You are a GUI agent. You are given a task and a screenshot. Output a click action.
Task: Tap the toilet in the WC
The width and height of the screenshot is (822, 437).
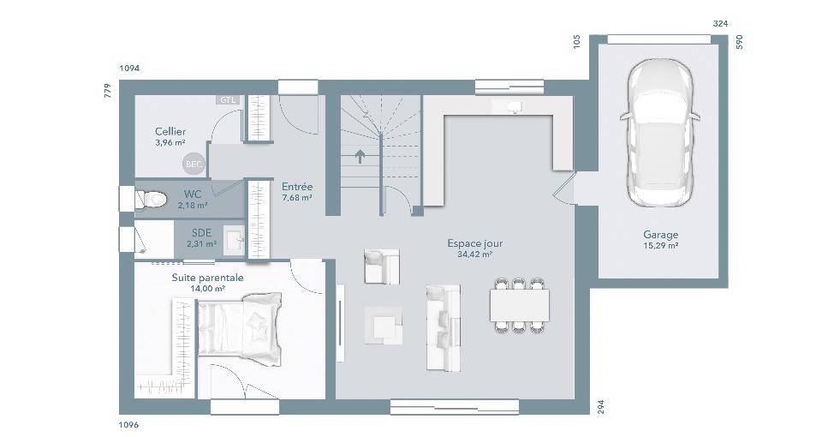[x=151, y=199]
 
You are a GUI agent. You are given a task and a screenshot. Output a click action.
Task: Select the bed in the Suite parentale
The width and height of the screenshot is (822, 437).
[x=239, y=329]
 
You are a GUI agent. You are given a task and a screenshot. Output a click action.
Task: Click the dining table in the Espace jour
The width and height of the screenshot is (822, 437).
[x=520, y=304]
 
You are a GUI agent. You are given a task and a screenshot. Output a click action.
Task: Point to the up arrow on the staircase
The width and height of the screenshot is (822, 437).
[x=360, y=156]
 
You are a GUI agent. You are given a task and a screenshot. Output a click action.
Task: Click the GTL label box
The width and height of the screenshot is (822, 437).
[x=228, y=99]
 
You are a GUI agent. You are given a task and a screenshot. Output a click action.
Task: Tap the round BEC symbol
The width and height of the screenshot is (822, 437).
[x=194, y=165]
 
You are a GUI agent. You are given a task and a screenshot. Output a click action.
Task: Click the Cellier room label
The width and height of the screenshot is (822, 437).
[x=170, y=132]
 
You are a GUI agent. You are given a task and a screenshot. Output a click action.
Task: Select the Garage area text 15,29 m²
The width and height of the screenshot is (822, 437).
[x=661, y=245]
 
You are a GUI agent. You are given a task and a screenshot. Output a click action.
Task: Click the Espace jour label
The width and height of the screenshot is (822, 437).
[x=475, y=243]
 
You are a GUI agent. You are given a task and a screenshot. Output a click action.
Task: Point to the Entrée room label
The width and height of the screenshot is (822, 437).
[x=297, y=187]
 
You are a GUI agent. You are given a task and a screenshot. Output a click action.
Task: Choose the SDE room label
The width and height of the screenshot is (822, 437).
[x=202, y=233]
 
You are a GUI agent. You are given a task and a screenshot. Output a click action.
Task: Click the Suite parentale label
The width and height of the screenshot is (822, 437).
[x=207, y=278]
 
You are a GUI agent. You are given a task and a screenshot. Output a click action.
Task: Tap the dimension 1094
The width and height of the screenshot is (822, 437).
[x=129, y=69]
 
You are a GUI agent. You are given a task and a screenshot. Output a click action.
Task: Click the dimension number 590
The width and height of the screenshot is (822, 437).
[x=740, y=42]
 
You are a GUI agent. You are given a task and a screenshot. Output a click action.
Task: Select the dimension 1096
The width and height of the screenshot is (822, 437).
[x=129, y=425]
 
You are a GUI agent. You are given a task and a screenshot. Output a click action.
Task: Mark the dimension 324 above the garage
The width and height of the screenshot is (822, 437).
[x=721, y=24]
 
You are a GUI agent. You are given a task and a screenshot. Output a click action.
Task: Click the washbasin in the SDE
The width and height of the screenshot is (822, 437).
[x=234, y=241]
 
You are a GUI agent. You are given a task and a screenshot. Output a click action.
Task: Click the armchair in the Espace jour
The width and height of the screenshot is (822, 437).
[x=382, y=266]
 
